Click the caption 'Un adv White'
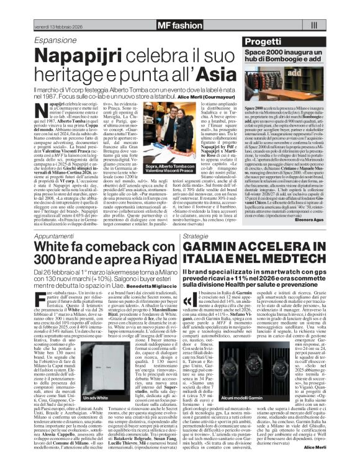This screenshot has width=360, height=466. point(66,414)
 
